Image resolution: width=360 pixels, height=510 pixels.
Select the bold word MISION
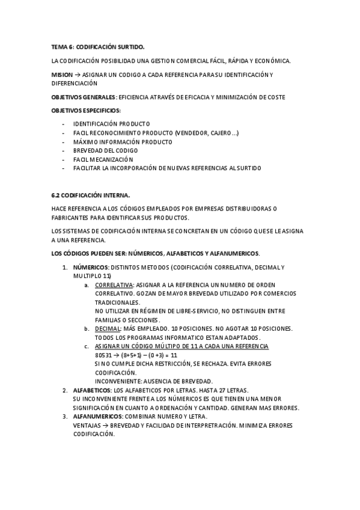[62, 75]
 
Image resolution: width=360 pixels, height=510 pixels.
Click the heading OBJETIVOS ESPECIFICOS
[85, 111]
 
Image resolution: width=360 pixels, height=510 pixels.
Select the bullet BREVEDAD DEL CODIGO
[106, 150]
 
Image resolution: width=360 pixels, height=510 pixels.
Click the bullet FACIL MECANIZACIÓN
[103, 159]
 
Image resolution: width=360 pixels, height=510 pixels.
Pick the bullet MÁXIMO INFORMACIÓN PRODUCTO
[123, 141]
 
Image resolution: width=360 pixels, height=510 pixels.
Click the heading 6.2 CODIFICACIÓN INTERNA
[91, 195]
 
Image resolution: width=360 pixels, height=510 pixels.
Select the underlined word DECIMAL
[108, 328]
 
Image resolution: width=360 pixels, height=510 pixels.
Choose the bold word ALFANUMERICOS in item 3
[97, 417]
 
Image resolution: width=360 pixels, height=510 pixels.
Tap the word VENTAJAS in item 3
[86, 425]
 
